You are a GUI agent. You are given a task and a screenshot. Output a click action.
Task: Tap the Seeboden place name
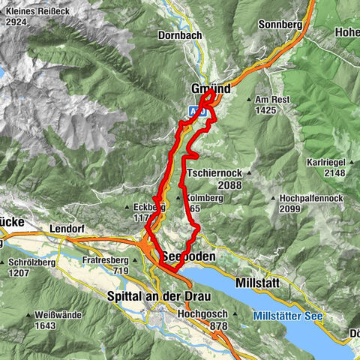pyautogui.click(x=187, y=256)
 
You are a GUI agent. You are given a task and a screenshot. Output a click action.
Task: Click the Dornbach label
pyautogui.click(x=178, y=35)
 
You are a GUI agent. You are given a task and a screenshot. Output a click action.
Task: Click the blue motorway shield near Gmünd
pyautogui.click(x=193, y=109)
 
